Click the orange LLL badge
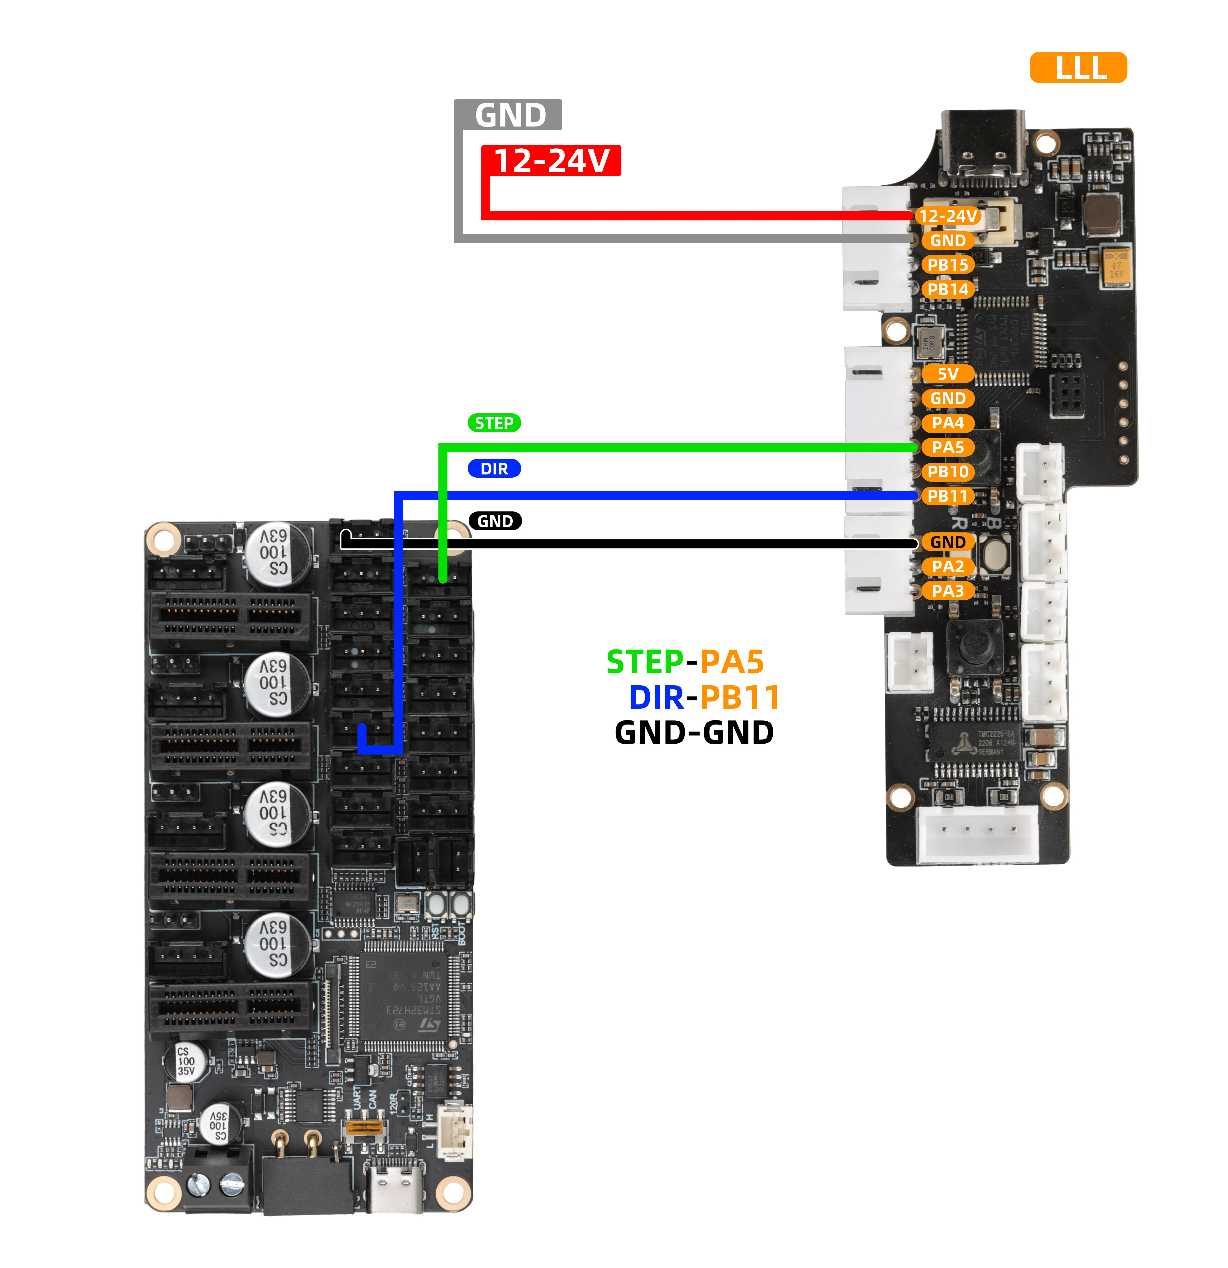[1078, 67]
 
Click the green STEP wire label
[494, 423]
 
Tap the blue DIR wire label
[494, 468]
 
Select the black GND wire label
[495, 521]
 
